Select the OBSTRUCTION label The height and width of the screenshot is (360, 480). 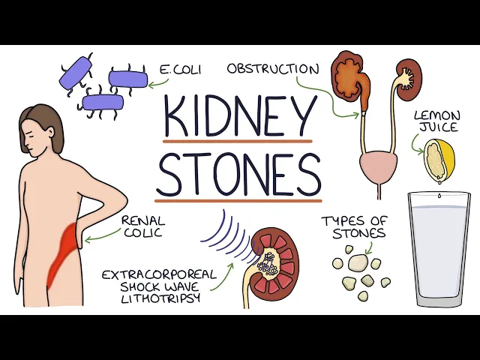point(272,69)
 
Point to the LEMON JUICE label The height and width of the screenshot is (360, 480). point(436,122)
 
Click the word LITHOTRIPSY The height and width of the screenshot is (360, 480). point(151,298)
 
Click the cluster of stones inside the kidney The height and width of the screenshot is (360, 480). point(265,263)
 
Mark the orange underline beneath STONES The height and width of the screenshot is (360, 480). point(238,200)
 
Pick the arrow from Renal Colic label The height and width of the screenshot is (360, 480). point(101,238)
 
